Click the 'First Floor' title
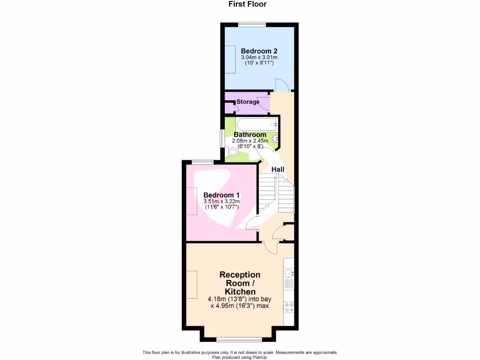247,4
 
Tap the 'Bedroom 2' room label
259,51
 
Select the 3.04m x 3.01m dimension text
259,57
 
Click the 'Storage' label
248,102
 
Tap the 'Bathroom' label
250,135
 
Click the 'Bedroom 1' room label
222,195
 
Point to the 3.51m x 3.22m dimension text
222,202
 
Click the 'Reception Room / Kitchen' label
240,283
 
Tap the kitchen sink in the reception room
289,273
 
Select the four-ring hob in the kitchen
289,307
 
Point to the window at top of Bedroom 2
252,24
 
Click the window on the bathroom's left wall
222,139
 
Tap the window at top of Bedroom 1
202,162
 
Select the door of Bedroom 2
282,86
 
